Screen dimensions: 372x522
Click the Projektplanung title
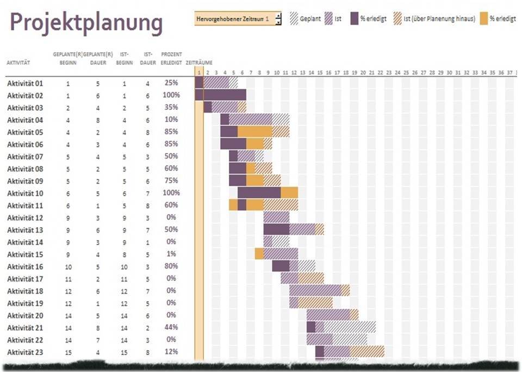[x=86, y=23]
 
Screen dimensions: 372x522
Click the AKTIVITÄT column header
[x=18, y=63]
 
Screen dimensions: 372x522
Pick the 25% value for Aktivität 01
[x=171, y=83]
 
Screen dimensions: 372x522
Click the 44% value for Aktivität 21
[x=171, y=327]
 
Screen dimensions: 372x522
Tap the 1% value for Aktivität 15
[x=171, y=254]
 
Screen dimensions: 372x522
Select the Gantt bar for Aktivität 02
[x=220, y=95]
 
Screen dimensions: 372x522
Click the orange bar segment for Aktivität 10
[x=289, y=192]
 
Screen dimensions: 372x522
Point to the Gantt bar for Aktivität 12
[x=276, y=217]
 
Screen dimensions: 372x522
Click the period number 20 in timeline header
[x=363, y=72]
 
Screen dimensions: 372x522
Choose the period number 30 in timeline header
[x=449, y=72]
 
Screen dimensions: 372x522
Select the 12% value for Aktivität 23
[x=171, y=352]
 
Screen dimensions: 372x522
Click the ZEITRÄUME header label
[x=199, y=63]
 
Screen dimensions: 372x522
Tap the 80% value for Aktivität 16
[x=171, y=266]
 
